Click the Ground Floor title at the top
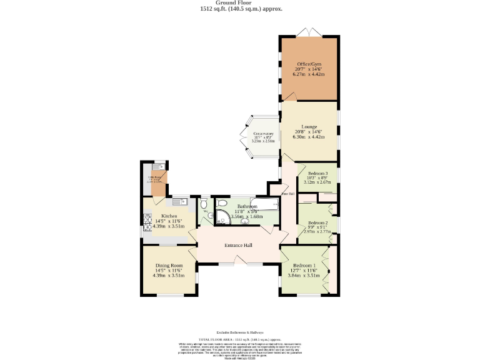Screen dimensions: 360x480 pos(240,2)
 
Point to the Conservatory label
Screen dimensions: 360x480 pos(263,134)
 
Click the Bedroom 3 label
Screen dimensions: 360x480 pos(318,173)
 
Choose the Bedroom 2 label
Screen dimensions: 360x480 pos(318,222)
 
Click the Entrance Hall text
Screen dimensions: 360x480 pos(238,245)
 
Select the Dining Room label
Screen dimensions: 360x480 pos(168,264)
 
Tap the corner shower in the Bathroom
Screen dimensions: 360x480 pos(222,215)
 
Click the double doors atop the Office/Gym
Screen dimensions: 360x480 pos(310,32)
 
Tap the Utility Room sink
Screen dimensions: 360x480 pos(156,167)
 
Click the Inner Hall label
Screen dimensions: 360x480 pos(287,194)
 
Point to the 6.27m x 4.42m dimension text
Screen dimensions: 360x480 pos(310,74)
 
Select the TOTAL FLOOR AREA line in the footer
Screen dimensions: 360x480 pos(240,337)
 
